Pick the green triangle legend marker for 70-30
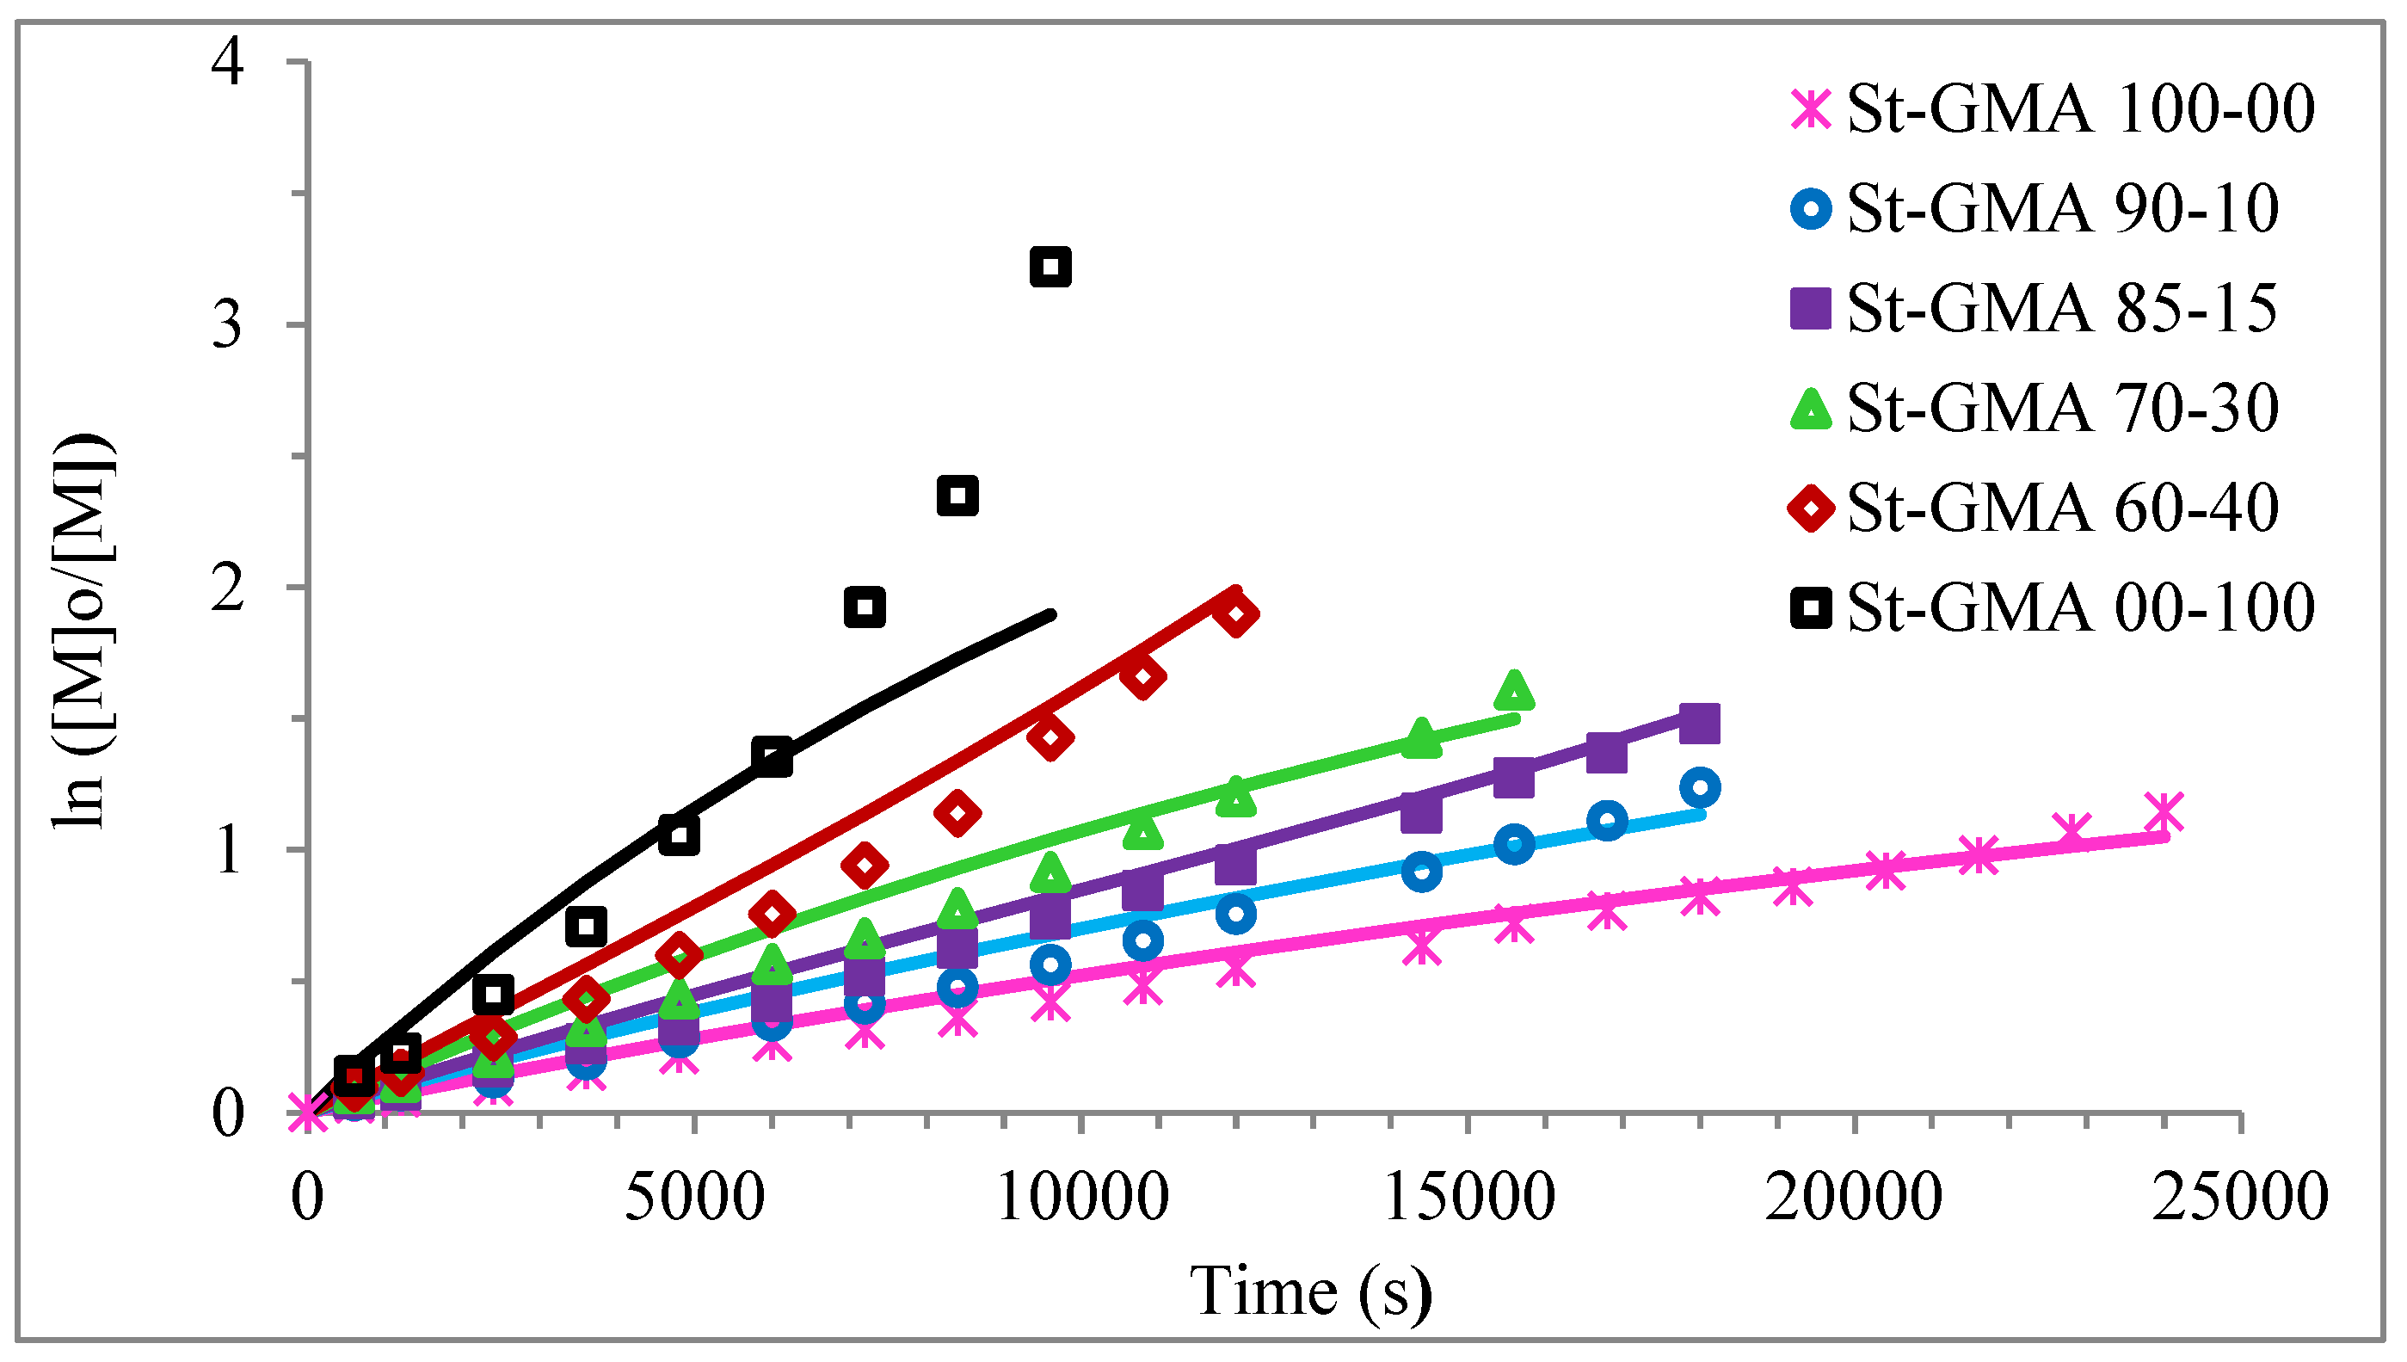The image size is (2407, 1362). click(x=1812, y=409)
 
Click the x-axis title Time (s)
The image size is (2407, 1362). click(x=1310, y=1291)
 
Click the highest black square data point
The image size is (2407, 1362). click(x=1050, y=267)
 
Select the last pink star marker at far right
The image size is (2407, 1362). click(x=2164, y=812)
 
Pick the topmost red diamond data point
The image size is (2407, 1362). click(x=1235, y=613)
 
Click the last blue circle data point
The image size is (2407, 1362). click(x=1700, y=787)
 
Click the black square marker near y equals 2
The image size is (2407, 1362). click(x=865, y=607)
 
